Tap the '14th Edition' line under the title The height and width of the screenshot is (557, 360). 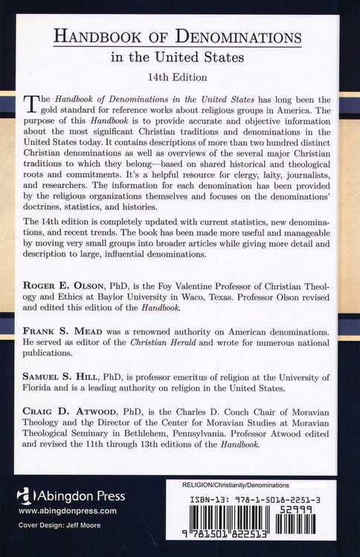(x=179, y=77)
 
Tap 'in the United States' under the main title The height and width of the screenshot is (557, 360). (x=179, y=58)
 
